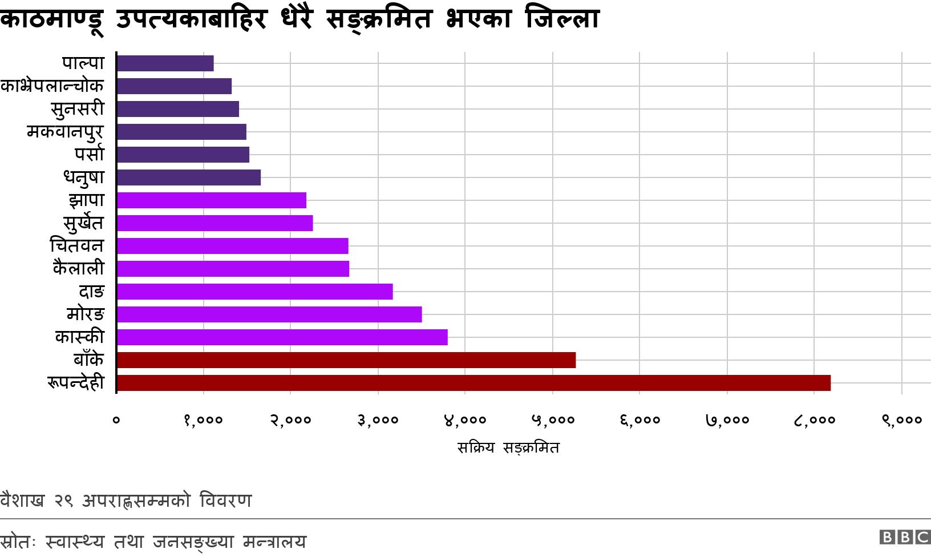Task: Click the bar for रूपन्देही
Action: coord(473,383)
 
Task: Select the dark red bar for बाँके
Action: coord(346,360)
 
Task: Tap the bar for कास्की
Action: coord(282,337)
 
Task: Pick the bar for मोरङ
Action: coord(269,314)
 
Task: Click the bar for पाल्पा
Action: coord(165,63)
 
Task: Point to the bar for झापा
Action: coord(211,200)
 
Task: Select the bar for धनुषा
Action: coord(188,177)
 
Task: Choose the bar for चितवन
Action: coord(232,246)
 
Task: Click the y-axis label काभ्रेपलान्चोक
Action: coord(52,86)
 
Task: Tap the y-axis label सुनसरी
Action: coord(78,109)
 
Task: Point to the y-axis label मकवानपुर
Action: coord(65,132)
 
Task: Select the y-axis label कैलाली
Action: coord(79,268)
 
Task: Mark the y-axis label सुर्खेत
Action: coord(83,223)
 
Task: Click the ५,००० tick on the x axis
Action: coord(553,421)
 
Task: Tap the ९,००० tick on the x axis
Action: coord(902,421)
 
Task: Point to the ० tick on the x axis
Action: coord(116,421)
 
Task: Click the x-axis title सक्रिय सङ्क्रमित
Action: coord(508,448)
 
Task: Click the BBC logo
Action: coord(905,537)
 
